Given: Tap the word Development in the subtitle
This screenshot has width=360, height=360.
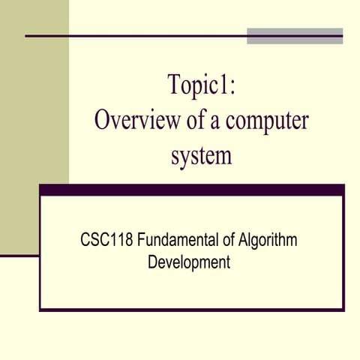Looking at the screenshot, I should pos(189,263).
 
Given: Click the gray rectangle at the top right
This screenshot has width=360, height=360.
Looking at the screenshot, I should pos(295,35).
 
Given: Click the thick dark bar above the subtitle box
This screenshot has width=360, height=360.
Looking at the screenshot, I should pos(192,190).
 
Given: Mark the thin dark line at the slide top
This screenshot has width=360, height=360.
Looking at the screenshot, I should pos(135,35).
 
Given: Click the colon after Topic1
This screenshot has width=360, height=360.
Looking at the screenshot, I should pos(234,85).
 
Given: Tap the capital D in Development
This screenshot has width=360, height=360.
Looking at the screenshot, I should pos(153,263).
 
